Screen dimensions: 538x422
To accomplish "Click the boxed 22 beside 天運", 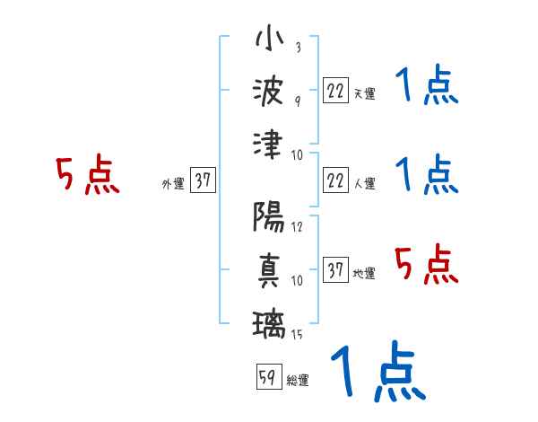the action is [335, 91].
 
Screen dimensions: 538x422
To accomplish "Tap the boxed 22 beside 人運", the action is [335, 180].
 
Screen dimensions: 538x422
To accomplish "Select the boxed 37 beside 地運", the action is [335, 270].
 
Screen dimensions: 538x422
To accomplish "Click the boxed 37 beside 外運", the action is [203, 180].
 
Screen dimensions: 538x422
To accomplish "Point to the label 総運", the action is [298, 381].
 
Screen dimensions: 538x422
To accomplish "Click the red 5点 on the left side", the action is [88, 175].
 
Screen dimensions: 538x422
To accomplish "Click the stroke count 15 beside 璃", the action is [297, 336].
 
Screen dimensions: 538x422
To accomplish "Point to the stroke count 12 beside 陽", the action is [297, 227].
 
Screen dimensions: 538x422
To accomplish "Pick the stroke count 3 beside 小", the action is [297, 48].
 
